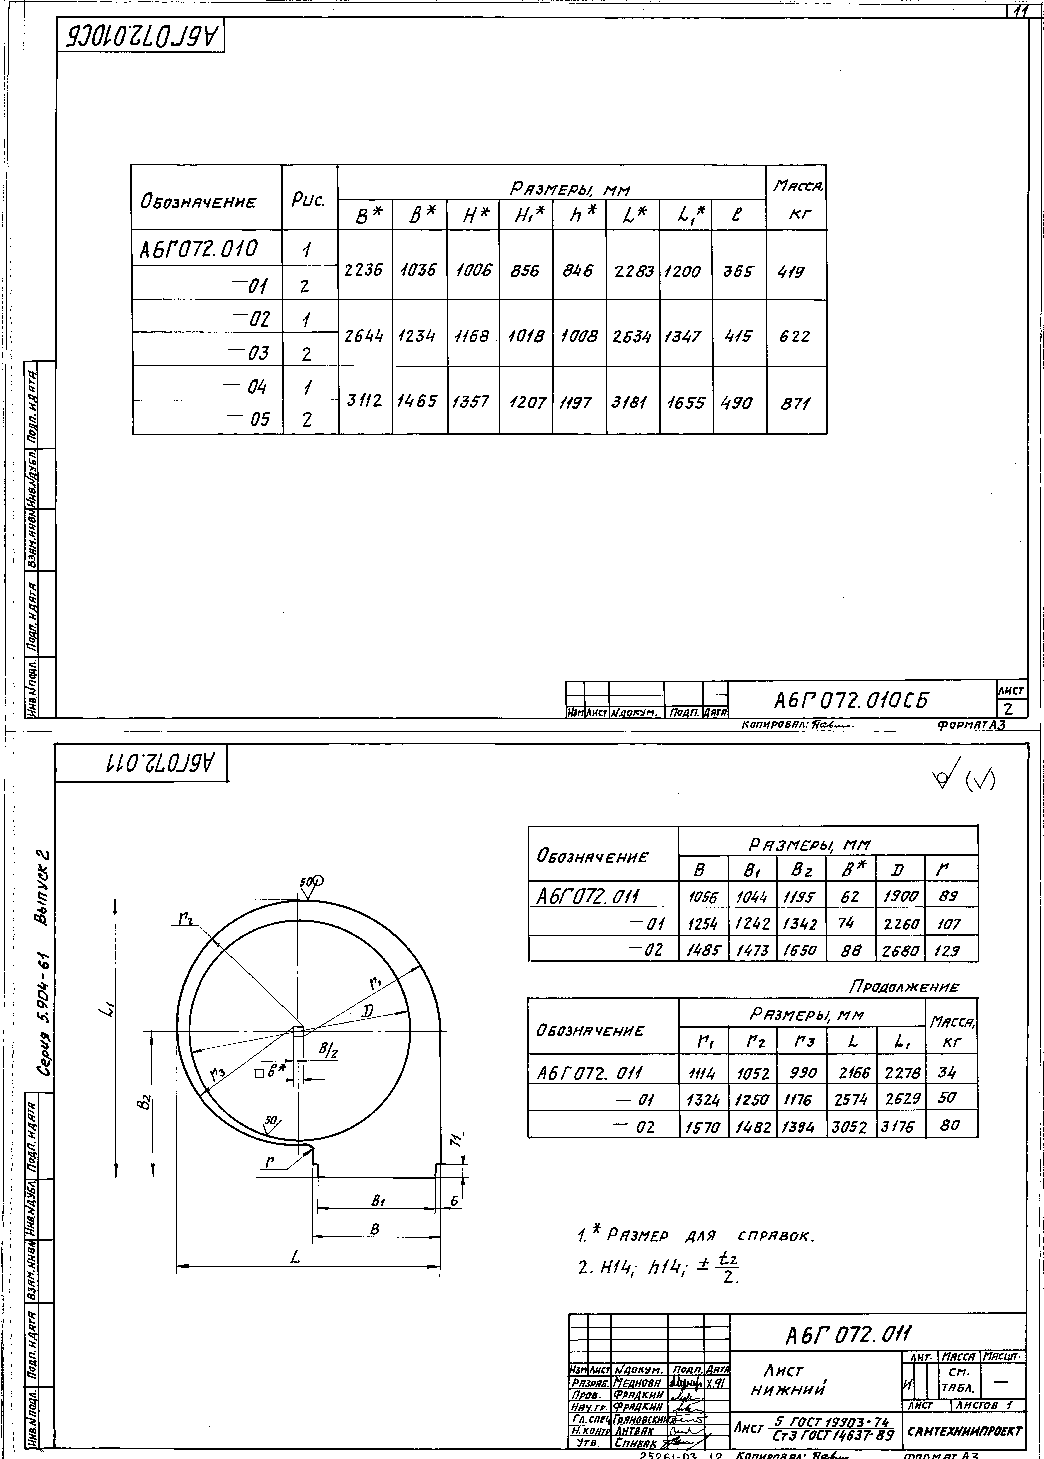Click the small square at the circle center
298,1031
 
